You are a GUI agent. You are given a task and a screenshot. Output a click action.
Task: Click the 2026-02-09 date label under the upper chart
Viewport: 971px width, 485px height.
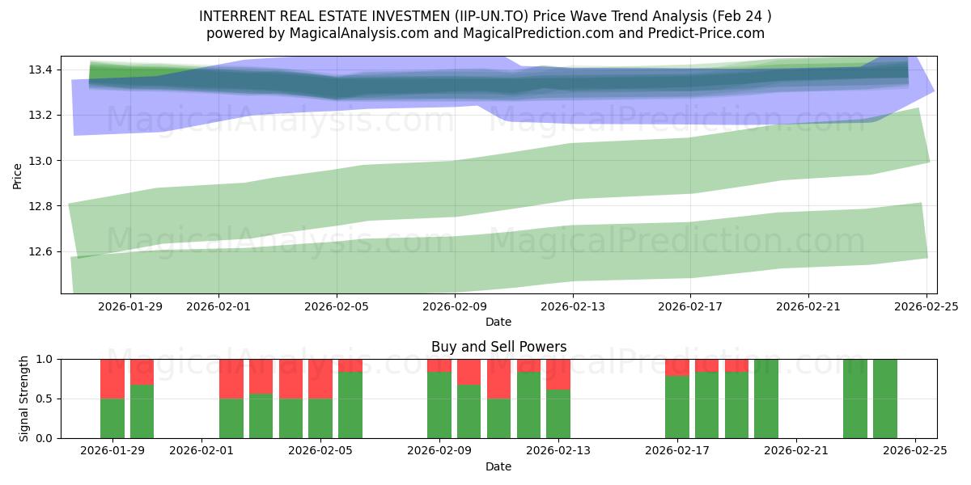click(455, 306)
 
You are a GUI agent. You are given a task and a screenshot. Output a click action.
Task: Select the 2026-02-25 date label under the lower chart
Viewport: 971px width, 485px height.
click(914, 451)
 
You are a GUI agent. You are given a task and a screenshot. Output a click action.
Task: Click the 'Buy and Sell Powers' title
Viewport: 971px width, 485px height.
click(498, 347)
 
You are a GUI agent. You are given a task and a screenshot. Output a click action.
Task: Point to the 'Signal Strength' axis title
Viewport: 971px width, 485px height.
click(24, 399)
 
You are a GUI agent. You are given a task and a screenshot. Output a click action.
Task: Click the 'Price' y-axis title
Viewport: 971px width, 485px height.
click(18, 175)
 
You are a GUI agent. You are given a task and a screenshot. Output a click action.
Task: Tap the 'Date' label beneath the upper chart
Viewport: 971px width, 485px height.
click(498, 322)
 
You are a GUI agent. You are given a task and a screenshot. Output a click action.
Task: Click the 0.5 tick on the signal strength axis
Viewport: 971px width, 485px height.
click(45, 399)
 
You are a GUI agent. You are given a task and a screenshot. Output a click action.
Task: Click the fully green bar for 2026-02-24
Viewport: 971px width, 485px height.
click(884, 399)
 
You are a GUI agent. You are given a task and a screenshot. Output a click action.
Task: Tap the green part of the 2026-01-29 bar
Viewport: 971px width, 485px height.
click(112, 418)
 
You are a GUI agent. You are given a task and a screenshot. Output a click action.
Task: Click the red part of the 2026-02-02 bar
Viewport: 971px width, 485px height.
click(231, 378)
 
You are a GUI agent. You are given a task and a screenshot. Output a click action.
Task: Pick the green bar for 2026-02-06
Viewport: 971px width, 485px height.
click(350, 404)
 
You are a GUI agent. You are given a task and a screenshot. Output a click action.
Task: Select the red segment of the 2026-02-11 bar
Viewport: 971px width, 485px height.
click(498, 378)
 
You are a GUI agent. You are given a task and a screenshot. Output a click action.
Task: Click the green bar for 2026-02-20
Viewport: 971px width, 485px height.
click(765, 399)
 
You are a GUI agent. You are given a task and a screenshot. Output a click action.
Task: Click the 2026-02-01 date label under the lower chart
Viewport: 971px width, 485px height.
click(201, 451)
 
